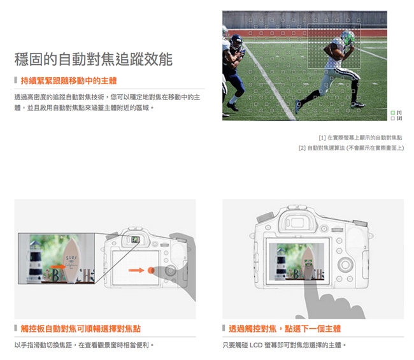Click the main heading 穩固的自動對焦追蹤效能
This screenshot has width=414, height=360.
pos(94,59)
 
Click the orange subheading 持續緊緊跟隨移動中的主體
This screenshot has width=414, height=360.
pos(69,80)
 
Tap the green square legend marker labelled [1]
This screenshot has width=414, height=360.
pos(392,113)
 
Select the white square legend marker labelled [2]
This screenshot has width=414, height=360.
pos(392,119)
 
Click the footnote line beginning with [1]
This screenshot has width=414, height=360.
pos(360,138)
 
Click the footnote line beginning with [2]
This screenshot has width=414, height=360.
pos(351,148)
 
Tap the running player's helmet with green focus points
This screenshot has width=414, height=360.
pos(348,38)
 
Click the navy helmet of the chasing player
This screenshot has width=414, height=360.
pos(236,41)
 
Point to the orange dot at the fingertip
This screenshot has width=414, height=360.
pos(151,270)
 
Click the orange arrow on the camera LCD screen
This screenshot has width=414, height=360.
pos(136,270)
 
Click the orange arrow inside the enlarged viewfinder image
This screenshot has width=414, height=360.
pos(58,267)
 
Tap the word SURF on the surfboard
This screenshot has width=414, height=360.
pos(71,258)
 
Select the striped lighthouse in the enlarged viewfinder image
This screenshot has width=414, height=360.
pos(35,261)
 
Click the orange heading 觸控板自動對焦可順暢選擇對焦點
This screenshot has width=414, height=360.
pos(80,329)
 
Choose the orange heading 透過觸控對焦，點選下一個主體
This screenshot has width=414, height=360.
pos(285,329)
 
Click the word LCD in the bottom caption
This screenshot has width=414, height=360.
pos(257,345)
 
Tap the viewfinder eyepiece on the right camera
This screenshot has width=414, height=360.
pos(297,222)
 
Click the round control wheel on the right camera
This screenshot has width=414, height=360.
pos(345,264)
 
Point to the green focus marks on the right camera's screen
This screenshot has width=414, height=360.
pos(308,263)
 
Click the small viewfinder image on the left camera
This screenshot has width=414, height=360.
pos(136,240)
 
